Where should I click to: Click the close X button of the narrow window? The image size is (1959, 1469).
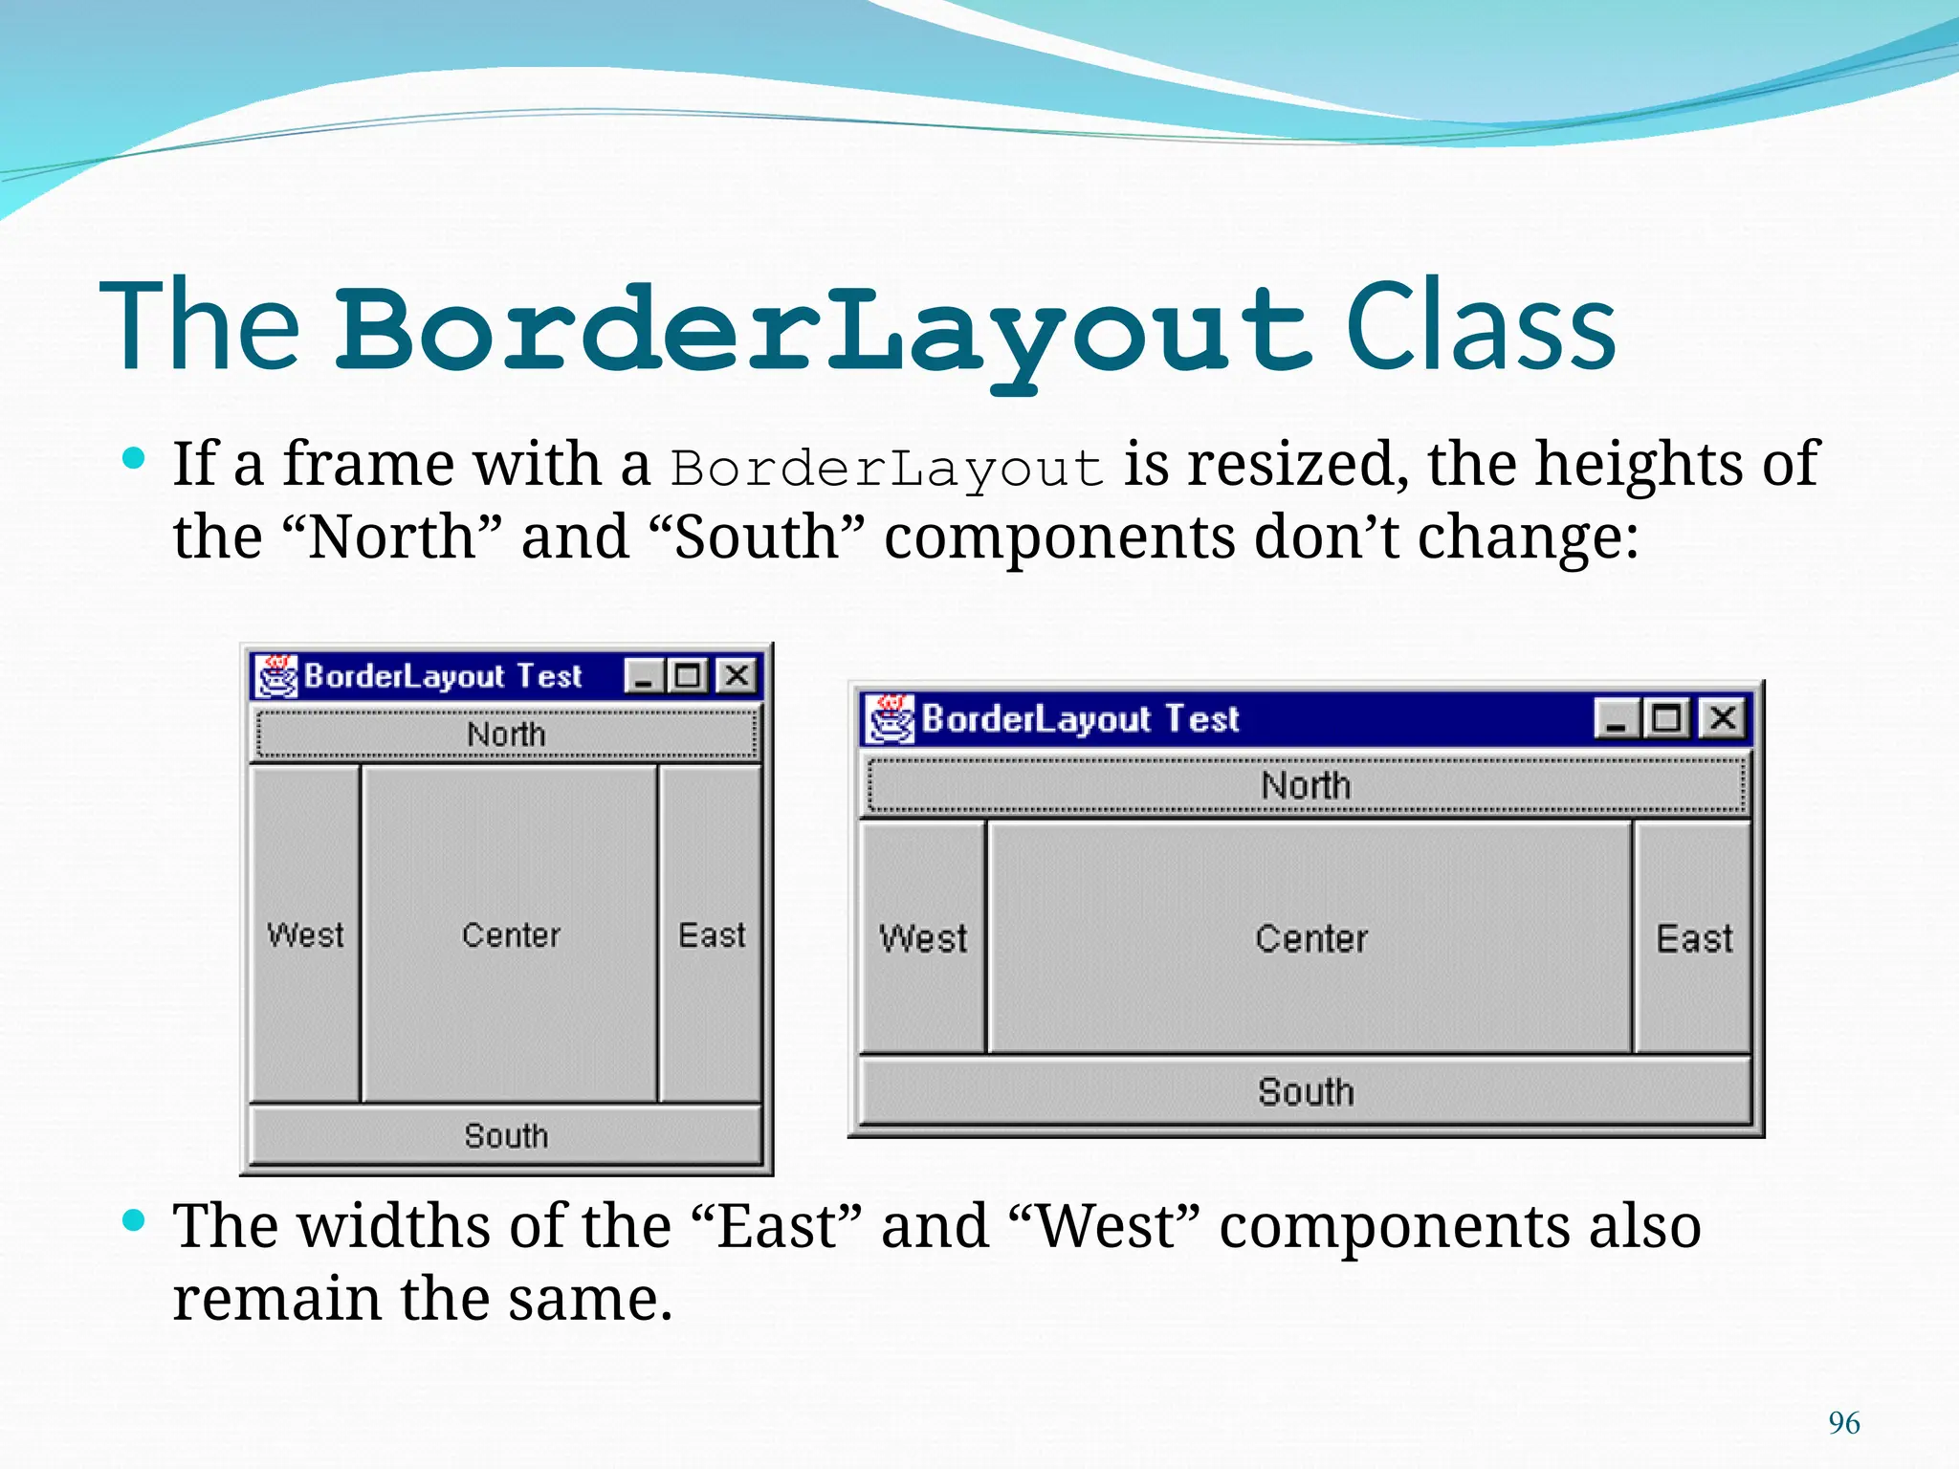[x=737, y=676]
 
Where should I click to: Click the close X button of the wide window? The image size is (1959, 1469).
[x=1723, y=717]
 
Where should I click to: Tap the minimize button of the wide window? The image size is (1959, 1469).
[x=1617, y=718]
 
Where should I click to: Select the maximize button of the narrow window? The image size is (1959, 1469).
[x=688, y=676]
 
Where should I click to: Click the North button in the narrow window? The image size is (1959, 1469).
[x=506, y=734]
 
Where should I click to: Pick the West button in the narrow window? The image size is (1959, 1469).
[x=305, y=934]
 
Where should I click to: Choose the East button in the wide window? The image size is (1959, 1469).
[x=1694, y=938]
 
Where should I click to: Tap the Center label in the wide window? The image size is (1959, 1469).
[x=1311, y=938]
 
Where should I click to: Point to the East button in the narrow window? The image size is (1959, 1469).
[x=712, y=934]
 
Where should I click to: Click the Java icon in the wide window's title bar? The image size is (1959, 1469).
[x=891, y=718]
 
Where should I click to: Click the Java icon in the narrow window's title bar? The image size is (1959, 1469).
[x=277, y=676]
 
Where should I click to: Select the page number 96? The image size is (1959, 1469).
[x=1843, y=1423]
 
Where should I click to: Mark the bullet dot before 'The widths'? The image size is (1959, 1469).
[x=135, y=1220]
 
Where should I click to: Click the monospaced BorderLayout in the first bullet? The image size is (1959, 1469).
[x=887, y=469]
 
